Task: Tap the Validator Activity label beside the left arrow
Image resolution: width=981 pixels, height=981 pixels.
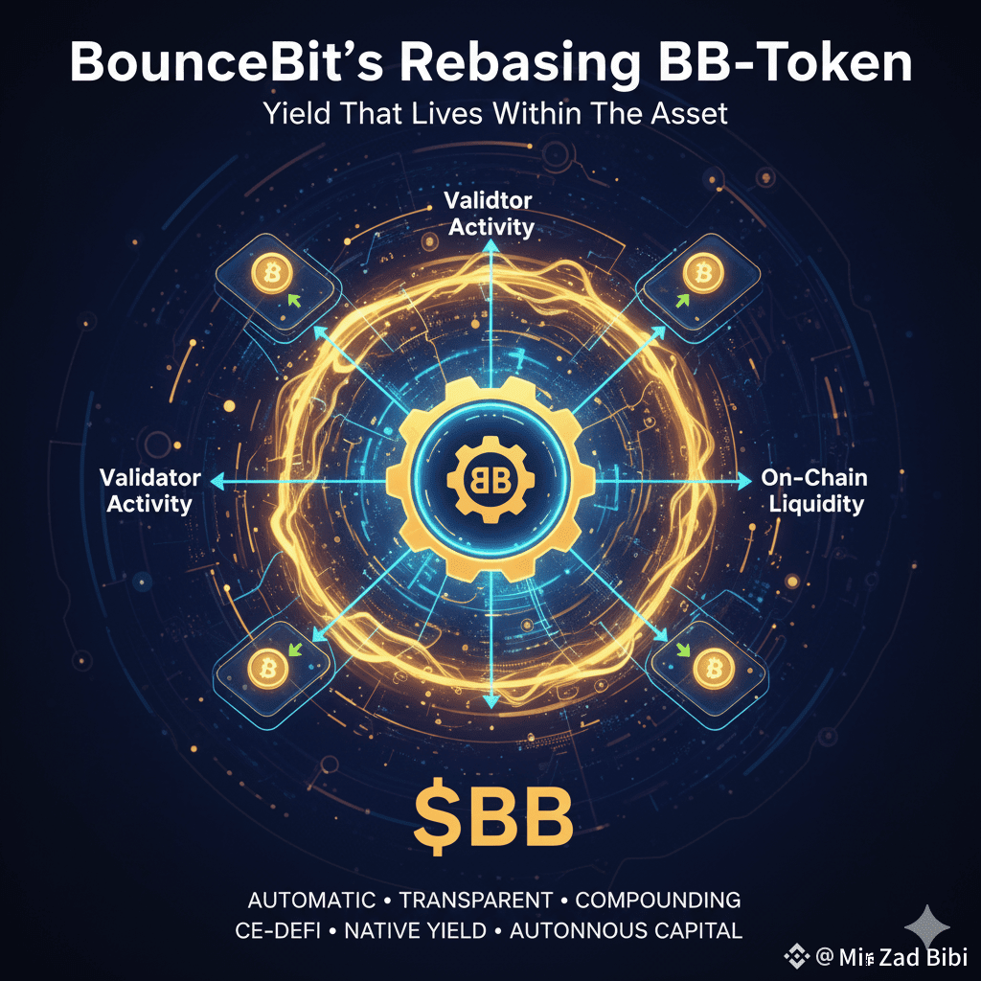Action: tap(150, 490)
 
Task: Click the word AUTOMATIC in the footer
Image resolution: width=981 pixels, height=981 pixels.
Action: tap(311, 901)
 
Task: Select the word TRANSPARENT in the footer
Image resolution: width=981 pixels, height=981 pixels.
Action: tap(475, 901)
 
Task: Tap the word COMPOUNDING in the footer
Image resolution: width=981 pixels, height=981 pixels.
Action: tap(658, 901)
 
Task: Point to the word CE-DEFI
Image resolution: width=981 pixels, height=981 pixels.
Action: tap(279, 929)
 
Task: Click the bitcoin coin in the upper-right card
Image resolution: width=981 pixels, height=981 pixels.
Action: tap(704, 275)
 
